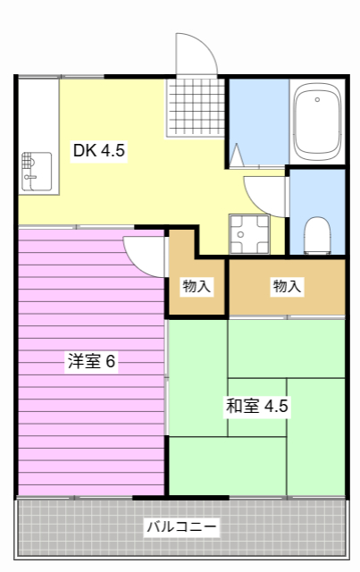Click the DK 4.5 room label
pyautogui.click(x=99, y=151)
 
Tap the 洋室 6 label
pyautogui.click(x=92, y=362)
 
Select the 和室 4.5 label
pyautogui.click(x=256, y=407)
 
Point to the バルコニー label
pyautogui.click(x=181, y=526)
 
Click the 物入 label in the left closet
pyautogui.click(x=197, y=287)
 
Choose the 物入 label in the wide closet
pyautogui.click(x=287, y=287)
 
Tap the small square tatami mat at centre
pyautogui.click(x=256, y=407)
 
